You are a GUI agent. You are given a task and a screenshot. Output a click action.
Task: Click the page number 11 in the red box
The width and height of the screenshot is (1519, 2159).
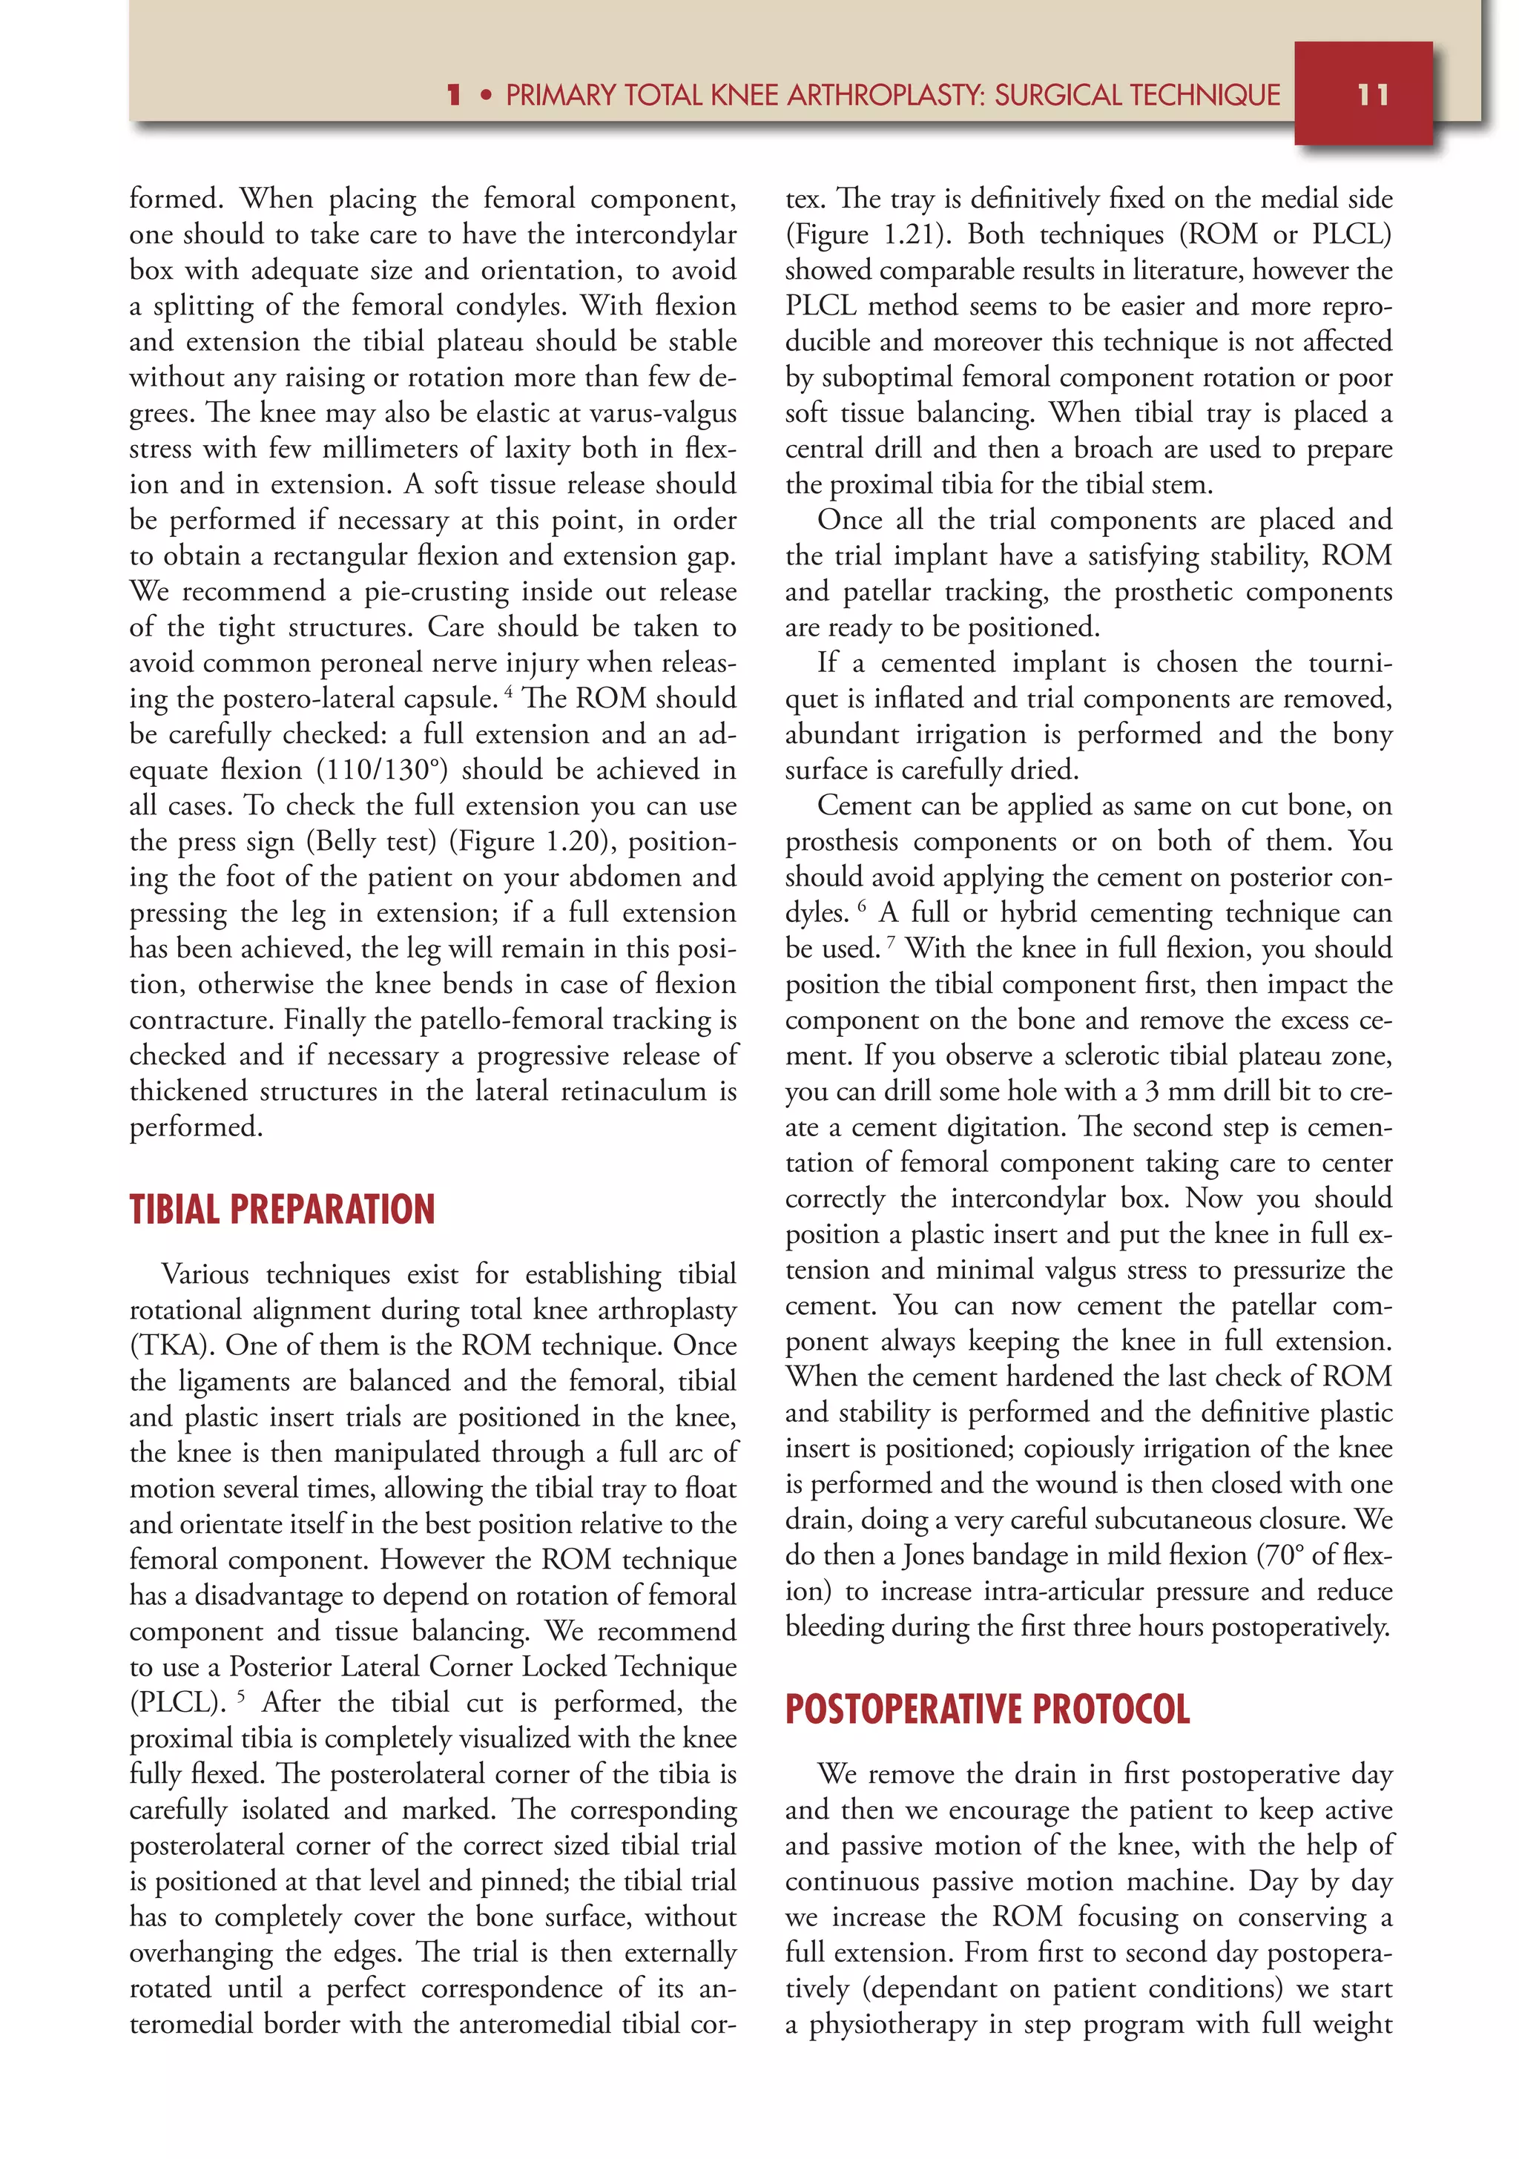[x=1372, y=95]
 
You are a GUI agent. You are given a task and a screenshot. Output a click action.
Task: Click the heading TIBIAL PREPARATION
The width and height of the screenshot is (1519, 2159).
[x=282, y=1209]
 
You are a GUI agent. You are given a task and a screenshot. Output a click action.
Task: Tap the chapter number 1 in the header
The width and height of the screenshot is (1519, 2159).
[x=454, y=95]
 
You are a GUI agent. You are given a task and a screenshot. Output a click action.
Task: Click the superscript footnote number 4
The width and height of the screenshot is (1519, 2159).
[x=509, y=692]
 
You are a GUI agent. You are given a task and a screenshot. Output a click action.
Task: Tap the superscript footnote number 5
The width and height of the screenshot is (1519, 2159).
[x=241, y=1696]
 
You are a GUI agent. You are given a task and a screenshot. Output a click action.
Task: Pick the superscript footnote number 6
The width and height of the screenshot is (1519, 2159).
[x=862, y=906]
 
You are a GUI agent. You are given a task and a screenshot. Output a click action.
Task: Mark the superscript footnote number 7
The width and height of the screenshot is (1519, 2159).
[x=891, y=942]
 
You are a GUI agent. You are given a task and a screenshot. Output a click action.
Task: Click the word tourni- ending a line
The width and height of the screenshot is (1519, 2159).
[x=1351, y=663]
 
